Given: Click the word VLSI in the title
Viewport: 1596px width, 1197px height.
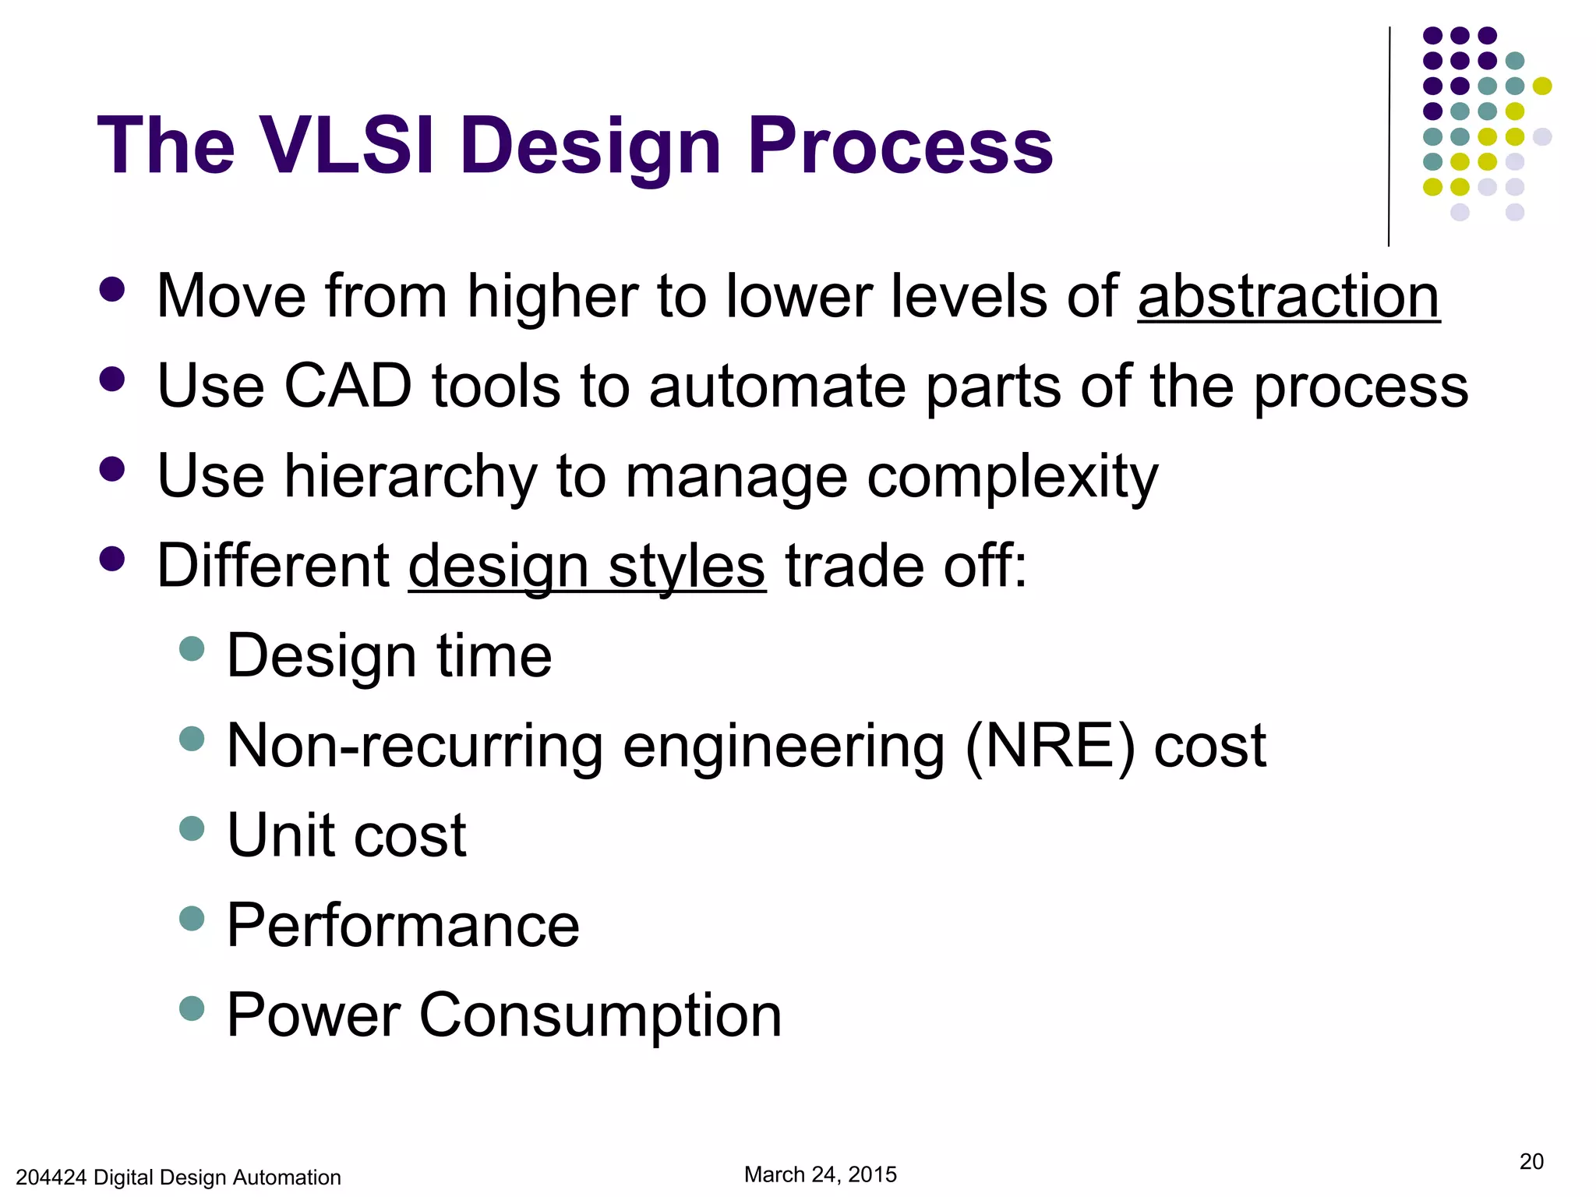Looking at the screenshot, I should (x=346, y=146).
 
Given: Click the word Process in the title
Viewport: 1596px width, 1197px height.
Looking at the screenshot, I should (x=900, y=146).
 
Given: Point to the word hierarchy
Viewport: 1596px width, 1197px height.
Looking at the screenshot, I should (x=410, y=476).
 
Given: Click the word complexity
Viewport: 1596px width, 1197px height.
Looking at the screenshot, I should (x=1012, y=476).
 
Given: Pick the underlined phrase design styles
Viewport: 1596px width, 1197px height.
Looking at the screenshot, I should (x=587, y=567).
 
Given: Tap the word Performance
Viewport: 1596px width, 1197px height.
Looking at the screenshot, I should (x=403, y=925).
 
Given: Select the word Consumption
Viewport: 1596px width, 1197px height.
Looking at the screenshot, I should (x=600, y=1015).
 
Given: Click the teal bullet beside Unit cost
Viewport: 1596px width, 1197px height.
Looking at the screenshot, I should (x=192, y=828).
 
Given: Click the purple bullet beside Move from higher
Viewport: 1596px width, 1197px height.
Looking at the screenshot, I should (x=112, y=289).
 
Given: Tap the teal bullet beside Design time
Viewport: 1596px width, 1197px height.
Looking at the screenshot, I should (x=192, y=648).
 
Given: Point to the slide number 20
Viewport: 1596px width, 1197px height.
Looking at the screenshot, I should (x=1531, y=1161).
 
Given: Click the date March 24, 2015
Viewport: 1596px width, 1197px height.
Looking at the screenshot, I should (x=820, y=1174).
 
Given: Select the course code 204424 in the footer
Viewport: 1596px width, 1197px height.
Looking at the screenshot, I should (x=51, y=1177).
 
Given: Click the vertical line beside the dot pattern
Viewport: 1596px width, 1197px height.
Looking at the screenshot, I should (x=1389, y=136).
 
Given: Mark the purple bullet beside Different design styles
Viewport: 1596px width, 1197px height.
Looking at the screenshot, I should (x=112, y=559).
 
